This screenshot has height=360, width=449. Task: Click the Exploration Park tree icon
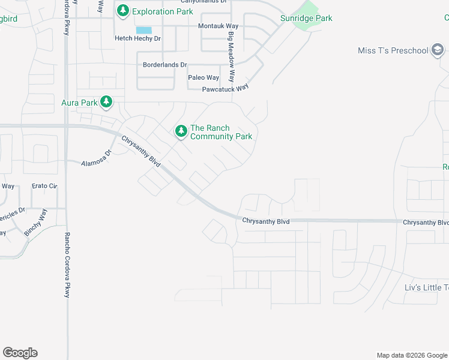(124, 11)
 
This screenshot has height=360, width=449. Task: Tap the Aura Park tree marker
(106, 103)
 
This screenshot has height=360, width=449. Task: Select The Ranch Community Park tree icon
(181, 131)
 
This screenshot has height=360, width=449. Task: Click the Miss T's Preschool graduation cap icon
(438, 51)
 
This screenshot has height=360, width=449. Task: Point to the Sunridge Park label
(306, 19)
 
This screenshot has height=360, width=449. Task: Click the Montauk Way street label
(218, 27)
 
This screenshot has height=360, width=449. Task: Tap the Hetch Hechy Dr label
(138, 38)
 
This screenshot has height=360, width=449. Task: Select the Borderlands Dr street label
(164, 65)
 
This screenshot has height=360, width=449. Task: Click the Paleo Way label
(203, 77)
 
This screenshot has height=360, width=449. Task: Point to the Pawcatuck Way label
(226, 88)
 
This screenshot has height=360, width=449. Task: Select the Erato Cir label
(45, 187)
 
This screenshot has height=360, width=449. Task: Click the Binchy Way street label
(34, 221)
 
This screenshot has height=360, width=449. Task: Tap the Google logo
(20, 353)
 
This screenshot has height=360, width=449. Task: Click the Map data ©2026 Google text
(411, 355)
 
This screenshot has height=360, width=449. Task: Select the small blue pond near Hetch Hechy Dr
(143, 30)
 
